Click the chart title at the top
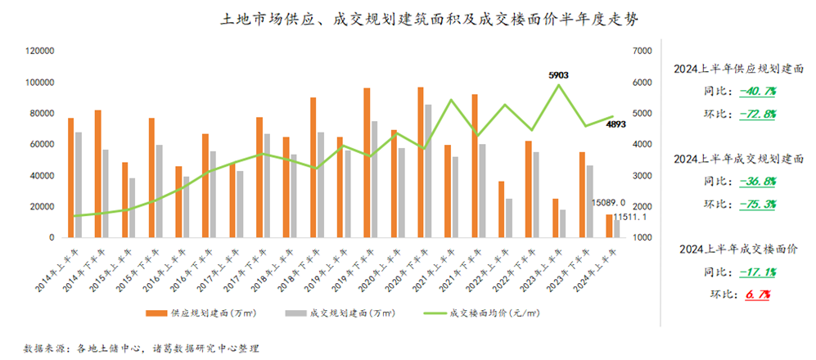[407, 19]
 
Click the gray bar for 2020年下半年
[428, 171]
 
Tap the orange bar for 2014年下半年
[98, 173]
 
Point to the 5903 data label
[558, 75]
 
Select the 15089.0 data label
[609, 202]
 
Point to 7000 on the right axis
[642, 51]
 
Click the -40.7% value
[757, 91]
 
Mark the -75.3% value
[757, 204]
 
